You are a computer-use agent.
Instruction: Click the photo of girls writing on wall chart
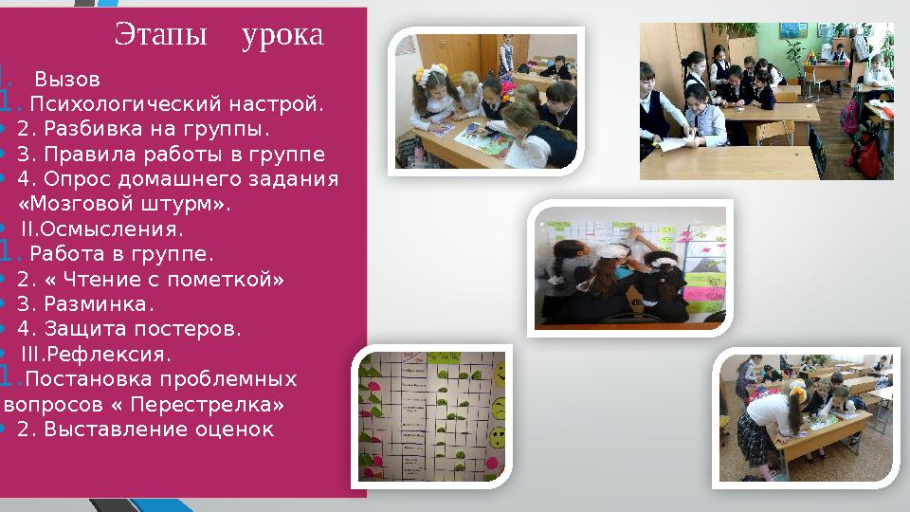pyautogui.click(x=629, y=268)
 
